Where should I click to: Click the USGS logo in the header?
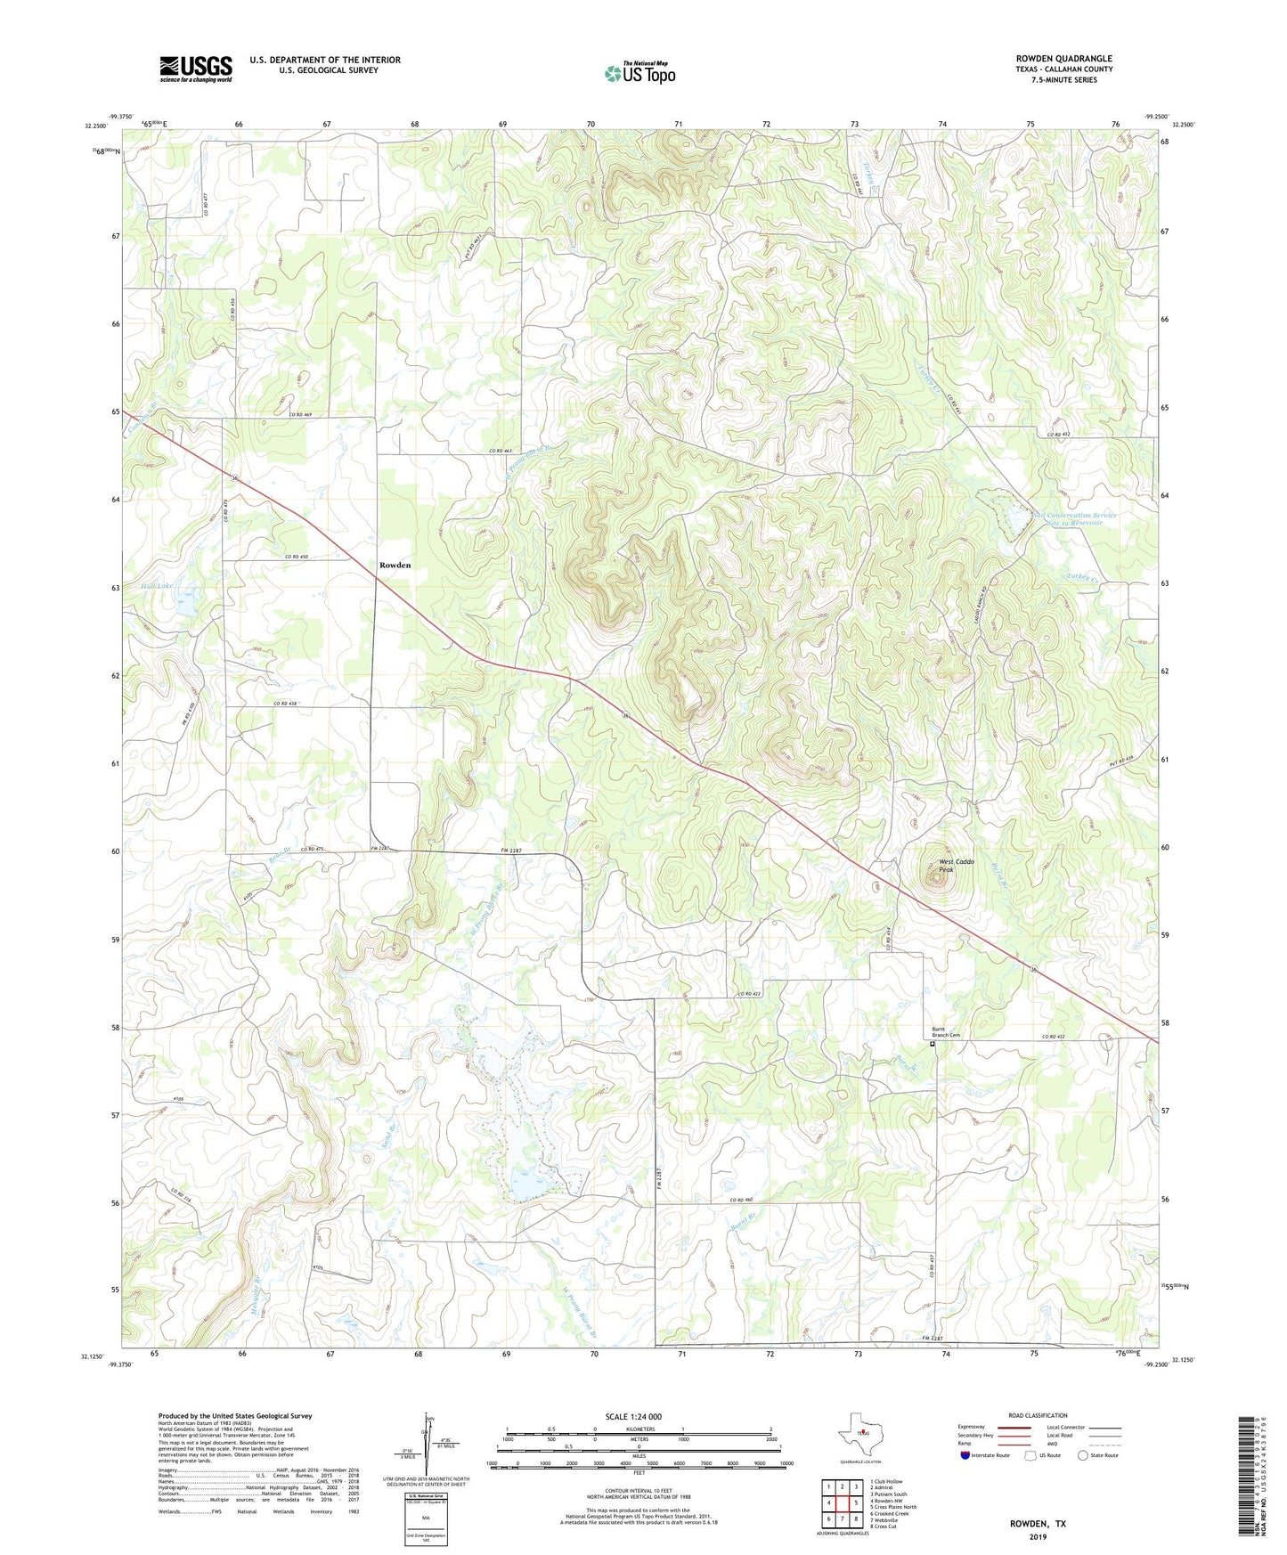click(196, 69)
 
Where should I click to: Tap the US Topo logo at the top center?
click(639, 73)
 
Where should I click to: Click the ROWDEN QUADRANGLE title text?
click(1063, 59)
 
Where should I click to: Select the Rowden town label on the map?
click(395, 566)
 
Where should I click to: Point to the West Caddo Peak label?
click(957, 866)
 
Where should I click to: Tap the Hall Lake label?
click(156, 586)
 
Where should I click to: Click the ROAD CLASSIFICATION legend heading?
click(1038, 1415)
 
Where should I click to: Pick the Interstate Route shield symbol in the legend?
click(965, 1455)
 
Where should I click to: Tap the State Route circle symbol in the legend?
click(1082, 1455)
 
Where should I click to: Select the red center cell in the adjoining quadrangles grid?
click(842, 1503)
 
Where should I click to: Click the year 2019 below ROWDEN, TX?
click(1038, 1537)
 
